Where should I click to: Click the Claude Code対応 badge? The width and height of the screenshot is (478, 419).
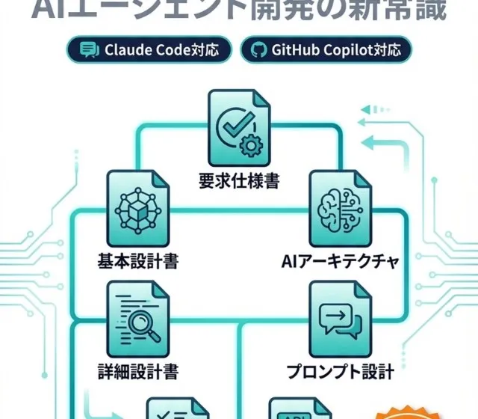(149, 51)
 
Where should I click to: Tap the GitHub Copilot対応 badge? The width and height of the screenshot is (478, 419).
(326, 51)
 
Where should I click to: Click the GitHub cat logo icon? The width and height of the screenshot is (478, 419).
(260, 51)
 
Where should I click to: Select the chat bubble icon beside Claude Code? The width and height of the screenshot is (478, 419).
(89, 51)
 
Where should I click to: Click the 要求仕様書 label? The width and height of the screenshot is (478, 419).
(238, 181)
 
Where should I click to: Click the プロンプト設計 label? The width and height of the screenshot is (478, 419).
(340, 370)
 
